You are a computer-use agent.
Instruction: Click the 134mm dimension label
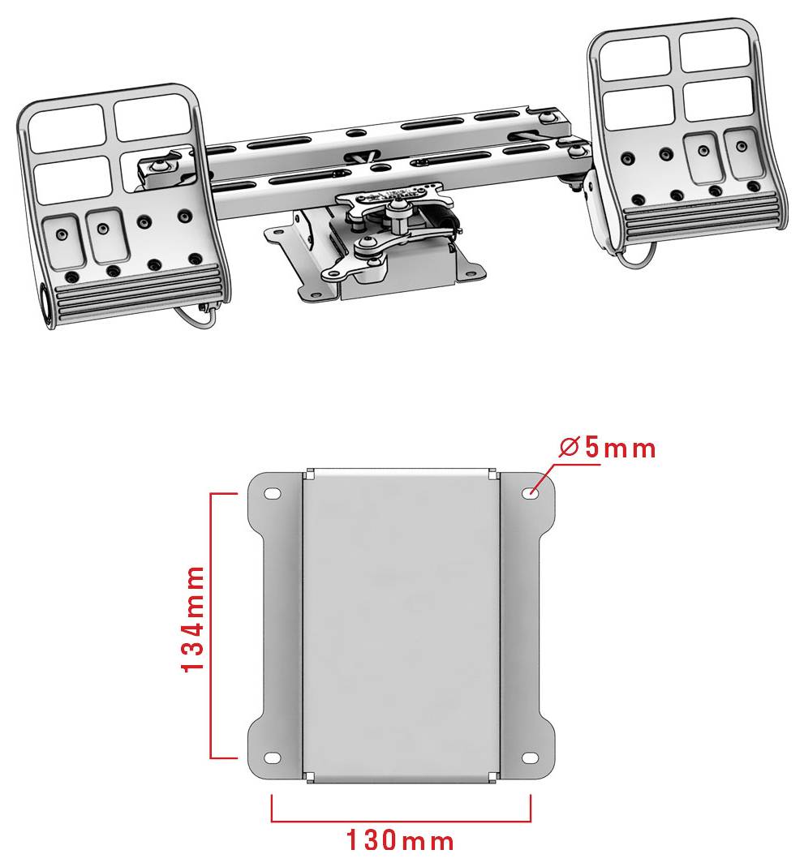(x=194, y=619)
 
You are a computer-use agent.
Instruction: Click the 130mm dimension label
(x=400, y=841)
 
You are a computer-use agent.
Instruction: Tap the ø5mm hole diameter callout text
(x=607, y=448)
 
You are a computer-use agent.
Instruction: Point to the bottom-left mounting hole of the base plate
(x=272, y=758)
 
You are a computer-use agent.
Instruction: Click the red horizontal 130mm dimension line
(x=401, y=821)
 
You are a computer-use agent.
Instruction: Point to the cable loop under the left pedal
(x=197, y=319)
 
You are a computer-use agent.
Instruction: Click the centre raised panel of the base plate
(x=401, y=624)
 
